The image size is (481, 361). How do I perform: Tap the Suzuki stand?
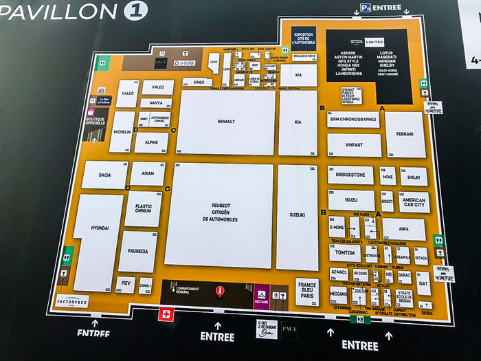[297, 215]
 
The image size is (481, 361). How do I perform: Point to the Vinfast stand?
[354, 144]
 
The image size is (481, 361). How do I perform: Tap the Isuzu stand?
[351, 200]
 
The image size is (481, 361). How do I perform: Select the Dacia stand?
[104, 175]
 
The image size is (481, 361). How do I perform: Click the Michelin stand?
[122, 131]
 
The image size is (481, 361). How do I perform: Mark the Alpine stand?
[151, 143]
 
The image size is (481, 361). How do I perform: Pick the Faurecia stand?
[138, 251]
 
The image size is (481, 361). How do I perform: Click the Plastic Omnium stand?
[143, 208]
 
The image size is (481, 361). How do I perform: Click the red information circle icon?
[221, 291]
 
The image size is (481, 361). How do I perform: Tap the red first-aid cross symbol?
[164, 314]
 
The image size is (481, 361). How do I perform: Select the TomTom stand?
[344, 252]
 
